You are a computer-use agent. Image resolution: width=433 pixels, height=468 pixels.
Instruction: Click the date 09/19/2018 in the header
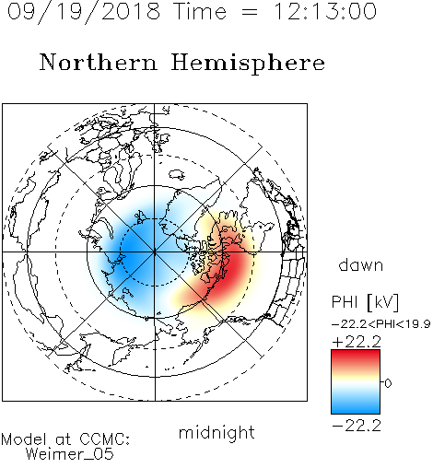(84, 12)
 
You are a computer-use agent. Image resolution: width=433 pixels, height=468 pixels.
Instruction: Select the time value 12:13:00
(325, 11)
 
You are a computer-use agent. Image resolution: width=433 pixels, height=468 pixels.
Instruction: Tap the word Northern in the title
(99, 63)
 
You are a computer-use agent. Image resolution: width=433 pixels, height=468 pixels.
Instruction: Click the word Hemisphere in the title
(248, 64)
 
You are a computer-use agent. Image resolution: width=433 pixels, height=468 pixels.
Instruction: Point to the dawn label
(361, 264)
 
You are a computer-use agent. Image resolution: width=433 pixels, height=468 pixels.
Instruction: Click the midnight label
(216, 432)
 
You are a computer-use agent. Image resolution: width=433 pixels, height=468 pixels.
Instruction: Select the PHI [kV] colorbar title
(365, 302)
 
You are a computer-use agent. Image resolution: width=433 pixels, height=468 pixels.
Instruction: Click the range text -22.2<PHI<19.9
(381, 324)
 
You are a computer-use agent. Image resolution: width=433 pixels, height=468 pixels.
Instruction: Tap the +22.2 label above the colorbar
(357, 342)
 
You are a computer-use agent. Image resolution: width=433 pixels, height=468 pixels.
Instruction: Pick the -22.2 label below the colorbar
(357, 426)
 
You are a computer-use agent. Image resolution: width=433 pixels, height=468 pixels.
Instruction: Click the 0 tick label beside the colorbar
(388, 383)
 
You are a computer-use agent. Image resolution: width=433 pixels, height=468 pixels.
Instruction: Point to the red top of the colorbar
(356, 357)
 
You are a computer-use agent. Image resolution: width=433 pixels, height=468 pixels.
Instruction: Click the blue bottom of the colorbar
(356, 408)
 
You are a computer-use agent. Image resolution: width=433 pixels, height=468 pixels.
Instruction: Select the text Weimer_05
(70, 454)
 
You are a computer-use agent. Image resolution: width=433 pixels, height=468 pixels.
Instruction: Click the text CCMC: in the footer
(105, 439)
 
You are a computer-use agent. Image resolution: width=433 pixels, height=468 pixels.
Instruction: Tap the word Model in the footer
(24, 439)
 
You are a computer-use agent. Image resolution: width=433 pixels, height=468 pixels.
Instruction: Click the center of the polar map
(155, 252)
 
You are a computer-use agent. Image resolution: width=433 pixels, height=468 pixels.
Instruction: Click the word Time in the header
(200, 11)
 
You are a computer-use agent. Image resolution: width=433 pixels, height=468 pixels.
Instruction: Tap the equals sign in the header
(250, 12)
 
